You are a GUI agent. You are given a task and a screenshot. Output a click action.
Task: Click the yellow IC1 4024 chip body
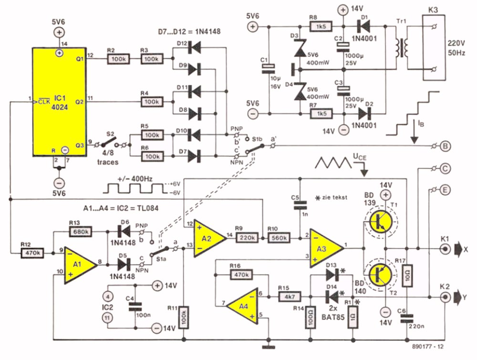pos(59,102)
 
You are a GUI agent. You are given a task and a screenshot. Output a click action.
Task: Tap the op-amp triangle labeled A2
pos(210,239)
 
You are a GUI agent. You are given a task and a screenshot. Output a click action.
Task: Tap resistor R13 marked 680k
pos(81,232)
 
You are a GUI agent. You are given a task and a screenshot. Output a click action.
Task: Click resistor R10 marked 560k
pos(279,238)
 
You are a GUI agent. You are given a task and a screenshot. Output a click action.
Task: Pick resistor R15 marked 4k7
pos(290,296)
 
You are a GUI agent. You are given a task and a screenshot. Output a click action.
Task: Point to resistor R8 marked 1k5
pos(321,26)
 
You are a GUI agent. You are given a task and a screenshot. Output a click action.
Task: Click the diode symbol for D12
pos(195,47)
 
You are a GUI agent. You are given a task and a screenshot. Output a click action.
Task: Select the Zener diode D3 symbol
pos(300,49)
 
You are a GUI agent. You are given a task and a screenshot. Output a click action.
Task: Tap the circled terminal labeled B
pos(445,146)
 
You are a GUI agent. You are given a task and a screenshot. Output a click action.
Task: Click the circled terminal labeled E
pos(445,190)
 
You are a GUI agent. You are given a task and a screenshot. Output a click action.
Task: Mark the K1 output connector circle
pos(445,249)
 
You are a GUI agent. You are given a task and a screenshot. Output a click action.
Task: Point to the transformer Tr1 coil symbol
pos(402,48)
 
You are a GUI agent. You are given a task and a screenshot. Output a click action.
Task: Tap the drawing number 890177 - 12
pos(428,347)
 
